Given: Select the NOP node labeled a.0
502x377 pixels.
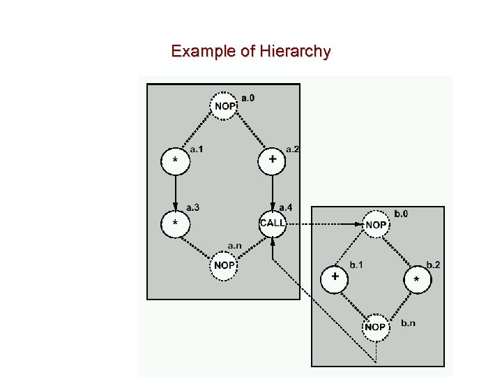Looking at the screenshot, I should pyautogui.click(x=224, y=105).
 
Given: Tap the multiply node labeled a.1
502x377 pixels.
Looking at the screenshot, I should pyautogui.click(x=175, y=161).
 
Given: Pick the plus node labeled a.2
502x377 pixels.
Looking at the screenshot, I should pyautogui.click(x=272, y=161).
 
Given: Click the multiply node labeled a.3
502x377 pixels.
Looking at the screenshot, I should pyautogui.click(x=175, y=223).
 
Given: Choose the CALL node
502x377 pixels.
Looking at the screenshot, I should pyautogui.click(x=273, y=223).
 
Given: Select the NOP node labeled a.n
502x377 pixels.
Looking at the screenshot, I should pyautogui.click(x=224, y=265).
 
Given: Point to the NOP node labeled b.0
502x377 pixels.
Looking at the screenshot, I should pyautogui.click(x=376, y=224).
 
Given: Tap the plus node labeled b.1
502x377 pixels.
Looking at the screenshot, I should pyautogui.click(x=335, y=277).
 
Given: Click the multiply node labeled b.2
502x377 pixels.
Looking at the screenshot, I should pyautogui.click(x=417, y=279).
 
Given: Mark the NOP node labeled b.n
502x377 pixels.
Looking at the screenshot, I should pyautogui.click(x=375, y=326).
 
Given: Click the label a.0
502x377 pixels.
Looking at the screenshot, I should pyautogui.click(x=248, y=98).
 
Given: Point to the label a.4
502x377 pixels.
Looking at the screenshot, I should pyautogui.click(x=286, y=207).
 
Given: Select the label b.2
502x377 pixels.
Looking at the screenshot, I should pyautogui.click(x=433, y=265).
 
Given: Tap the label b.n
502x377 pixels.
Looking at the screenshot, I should pyautogui.click(x=409, y=323).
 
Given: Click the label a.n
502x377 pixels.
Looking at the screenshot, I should pyautogui.click(x=236, y=246).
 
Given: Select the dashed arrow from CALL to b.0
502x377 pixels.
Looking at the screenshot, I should pyautogui.click(x=324, y=224).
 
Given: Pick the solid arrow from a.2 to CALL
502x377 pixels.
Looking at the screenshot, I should pyautogui.click(x=272, y=190).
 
